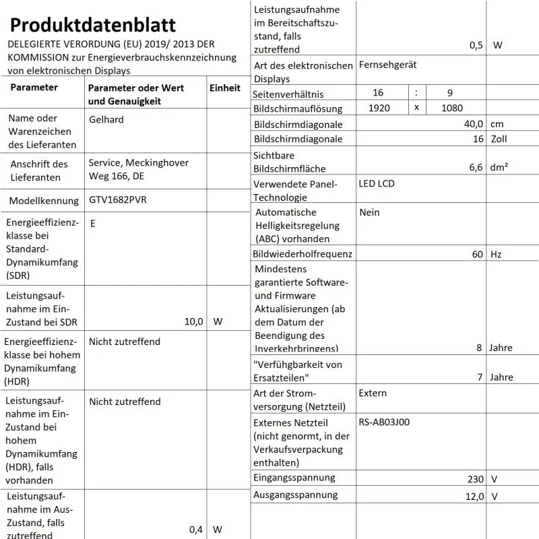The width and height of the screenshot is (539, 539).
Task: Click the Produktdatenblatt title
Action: pyautogui.click(x=93, y=25)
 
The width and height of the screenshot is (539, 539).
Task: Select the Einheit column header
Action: pyautogui.click(x=225, y=88)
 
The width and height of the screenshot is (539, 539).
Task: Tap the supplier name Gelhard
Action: pyautogui.click(x=106, y=119)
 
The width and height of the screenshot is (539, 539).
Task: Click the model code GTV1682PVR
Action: pyautogui.click(x=118, y=200)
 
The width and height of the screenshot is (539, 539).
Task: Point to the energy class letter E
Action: pyautogui.click(x=92, y=223)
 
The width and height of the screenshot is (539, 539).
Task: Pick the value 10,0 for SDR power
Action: pyautogui.click(x=193, y=321)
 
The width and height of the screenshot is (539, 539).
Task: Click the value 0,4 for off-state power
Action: pyautogui.click(x=196, y=530)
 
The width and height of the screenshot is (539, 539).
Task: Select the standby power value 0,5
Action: pyautogui.click(x=476, y=46)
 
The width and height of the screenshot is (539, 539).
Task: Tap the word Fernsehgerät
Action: pyautogui.click(x=388, y=65)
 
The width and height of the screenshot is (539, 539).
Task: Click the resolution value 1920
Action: pyautogui.click(x=380, y=108)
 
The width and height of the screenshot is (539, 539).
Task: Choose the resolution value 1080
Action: pyautogui.click(x=452, y=108)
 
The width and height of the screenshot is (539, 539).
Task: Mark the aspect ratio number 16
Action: pyautogui.click(x=378, y=92)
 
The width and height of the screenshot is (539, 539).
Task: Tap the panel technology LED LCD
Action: pyautogui.click(x=377, y=183)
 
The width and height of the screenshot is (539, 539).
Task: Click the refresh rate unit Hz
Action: pyautogui.click(x=496, y=254)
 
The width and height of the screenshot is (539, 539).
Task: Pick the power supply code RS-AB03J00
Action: pyautogui.click(x=384, y=422)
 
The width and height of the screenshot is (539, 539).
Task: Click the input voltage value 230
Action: pyautogui.click(x=476, y=479)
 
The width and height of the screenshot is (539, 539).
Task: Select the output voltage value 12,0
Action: pyautogui.click(x=474, y=497)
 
